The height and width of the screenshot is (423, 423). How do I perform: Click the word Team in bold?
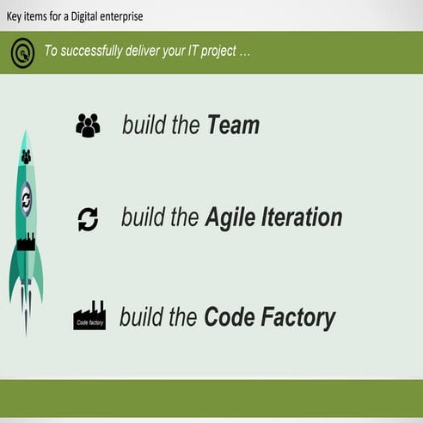pyautogui.click(x=233, y=126)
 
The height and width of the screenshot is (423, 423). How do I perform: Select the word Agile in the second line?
pyautogui.click(x=230, y=218)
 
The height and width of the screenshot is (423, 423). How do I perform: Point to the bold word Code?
pyautogui.click(x=228, y=318)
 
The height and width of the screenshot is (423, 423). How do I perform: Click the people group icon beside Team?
pyautogui.click(x=88, y=126)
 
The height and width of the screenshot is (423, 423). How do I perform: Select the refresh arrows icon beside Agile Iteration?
pyautogui.click(x=88, y=218)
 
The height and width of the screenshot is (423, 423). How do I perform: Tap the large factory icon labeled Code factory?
pyautogui.click(x=89, y=316)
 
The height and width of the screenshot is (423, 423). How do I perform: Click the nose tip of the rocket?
pyautogui.click(x=26, y=134)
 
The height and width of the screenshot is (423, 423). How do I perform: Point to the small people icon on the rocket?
pyautogui.click(x=26, y=157)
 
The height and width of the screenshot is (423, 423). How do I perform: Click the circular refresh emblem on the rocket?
pyautogui.click(x=26, y=199)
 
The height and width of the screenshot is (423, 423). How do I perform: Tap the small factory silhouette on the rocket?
pyautogui.click(x=26, y=242)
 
